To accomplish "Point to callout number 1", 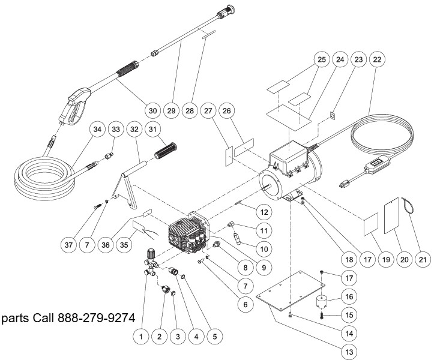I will pos(141,337).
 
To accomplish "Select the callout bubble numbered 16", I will pos(348,295).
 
